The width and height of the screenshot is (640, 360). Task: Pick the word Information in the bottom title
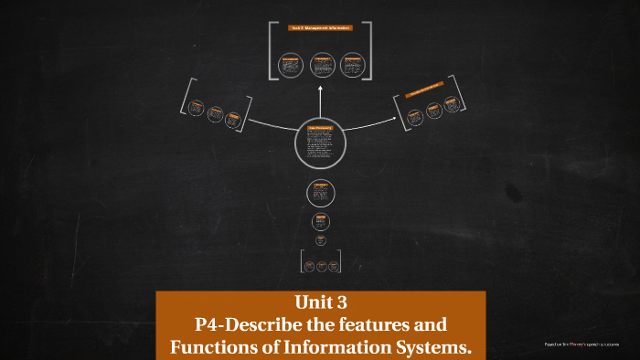coord(325,347)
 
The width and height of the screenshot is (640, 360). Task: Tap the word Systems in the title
coord(433,347)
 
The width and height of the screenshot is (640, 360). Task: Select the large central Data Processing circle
coord(320,143)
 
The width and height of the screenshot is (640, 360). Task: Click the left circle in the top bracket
coord(292,65)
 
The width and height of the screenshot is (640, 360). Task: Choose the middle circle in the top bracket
coord(321,65)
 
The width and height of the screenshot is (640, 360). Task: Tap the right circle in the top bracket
coord(351,65)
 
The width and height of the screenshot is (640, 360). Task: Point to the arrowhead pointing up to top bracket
coord(320,90)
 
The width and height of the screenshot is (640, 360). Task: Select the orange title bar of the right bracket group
coord(424,92)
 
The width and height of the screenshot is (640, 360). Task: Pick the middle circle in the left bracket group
coord(215,114)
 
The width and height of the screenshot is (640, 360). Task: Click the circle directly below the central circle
coord(320,193)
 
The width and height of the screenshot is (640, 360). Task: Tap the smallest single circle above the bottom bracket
coord(321,240)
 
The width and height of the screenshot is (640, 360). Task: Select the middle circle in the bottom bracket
coord(321,266)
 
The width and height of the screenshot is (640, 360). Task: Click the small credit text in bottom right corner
coord(581,344)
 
